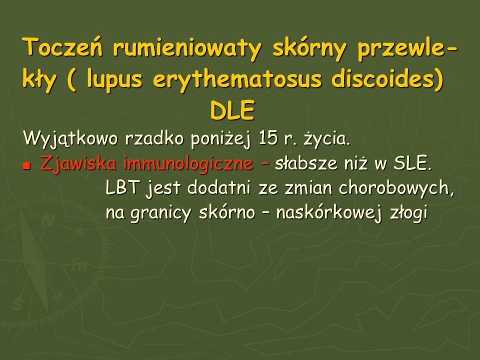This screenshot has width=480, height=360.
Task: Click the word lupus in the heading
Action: [114, 79]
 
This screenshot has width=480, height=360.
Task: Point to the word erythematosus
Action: [237, 79]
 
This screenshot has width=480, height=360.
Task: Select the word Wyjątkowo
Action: [70, 138]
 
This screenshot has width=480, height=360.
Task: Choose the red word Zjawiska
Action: [78, 163]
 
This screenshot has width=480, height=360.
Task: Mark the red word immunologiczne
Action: [188, 163]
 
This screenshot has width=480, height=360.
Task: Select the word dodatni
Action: [218, 187]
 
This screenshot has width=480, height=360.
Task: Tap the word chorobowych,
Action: [396, 188]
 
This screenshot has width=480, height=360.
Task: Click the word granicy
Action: [160, 213]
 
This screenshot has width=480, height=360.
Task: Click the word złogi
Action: [408, 212]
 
